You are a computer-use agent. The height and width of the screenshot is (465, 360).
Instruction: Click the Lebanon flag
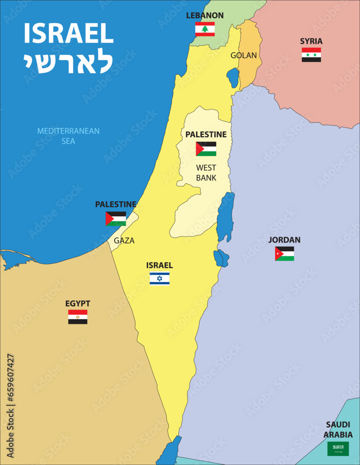[205, 29]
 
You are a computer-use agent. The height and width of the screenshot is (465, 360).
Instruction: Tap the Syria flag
[311, 55]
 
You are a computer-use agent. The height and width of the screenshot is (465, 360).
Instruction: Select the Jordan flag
[284, 253]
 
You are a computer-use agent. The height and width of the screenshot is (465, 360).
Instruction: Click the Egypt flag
[78, 317]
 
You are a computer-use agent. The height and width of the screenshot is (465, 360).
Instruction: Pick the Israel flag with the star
[159, 279]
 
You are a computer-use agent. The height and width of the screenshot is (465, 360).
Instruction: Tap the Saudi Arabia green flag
[338, 449]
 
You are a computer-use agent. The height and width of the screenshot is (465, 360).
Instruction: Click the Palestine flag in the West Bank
[206, 149]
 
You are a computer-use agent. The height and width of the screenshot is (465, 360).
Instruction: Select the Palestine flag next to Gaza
[116, 219]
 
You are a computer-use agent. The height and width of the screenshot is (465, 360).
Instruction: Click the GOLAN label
[243, 55]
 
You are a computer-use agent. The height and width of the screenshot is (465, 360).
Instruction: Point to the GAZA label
[124, 240]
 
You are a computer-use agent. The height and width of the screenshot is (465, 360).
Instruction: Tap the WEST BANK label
[206, 173]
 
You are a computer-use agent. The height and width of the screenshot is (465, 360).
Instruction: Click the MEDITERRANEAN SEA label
[68, 136]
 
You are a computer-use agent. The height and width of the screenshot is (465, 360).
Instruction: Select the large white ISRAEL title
[68, 33]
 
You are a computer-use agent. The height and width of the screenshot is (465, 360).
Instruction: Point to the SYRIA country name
[311, 41]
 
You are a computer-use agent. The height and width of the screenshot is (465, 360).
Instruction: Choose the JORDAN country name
[284, 240]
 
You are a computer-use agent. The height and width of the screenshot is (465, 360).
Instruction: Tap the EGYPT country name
[78, 304]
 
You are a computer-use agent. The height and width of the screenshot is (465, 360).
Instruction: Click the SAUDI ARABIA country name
[339, 430]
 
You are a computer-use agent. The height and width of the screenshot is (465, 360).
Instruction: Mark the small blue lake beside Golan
[233, 78]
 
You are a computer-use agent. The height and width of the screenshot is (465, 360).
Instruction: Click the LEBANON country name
[205, 15]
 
